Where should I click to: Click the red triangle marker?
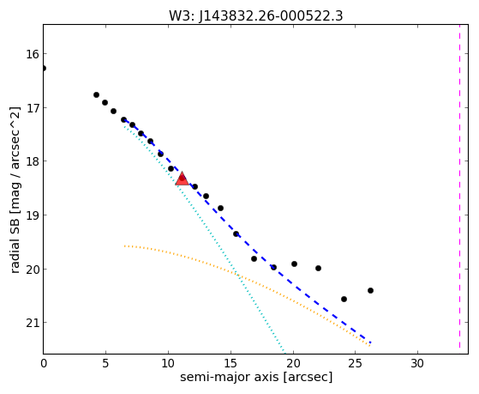(182, 179)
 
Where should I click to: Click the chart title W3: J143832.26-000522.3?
(256, 15)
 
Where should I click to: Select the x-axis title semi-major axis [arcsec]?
(256, 377)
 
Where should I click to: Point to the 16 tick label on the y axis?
(33, 54)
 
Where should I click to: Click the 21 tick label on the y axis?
(33, 323)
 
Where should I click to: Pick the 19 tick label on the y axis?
(33, 215)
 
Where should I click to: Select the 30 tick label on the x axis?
(417, 364)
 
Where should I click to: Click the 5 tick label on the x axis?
(105, 364)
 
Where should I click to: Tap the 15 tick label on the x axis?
(231, 364)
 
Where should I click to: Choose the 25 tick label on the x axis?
(355, 364)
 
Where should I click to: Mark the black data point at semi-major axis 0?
(44, 68)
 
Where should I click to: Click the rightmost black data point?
(370, 290)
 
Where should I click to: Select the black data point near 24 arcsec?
(344, 299)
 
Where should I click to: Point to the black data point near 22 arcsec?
(318, 268)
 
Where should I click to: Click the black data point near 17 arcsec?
(254, 258)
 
